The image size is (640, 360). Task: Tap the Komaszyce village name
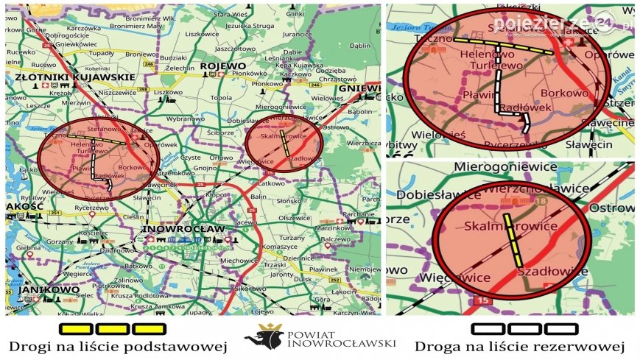[280, 246]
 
